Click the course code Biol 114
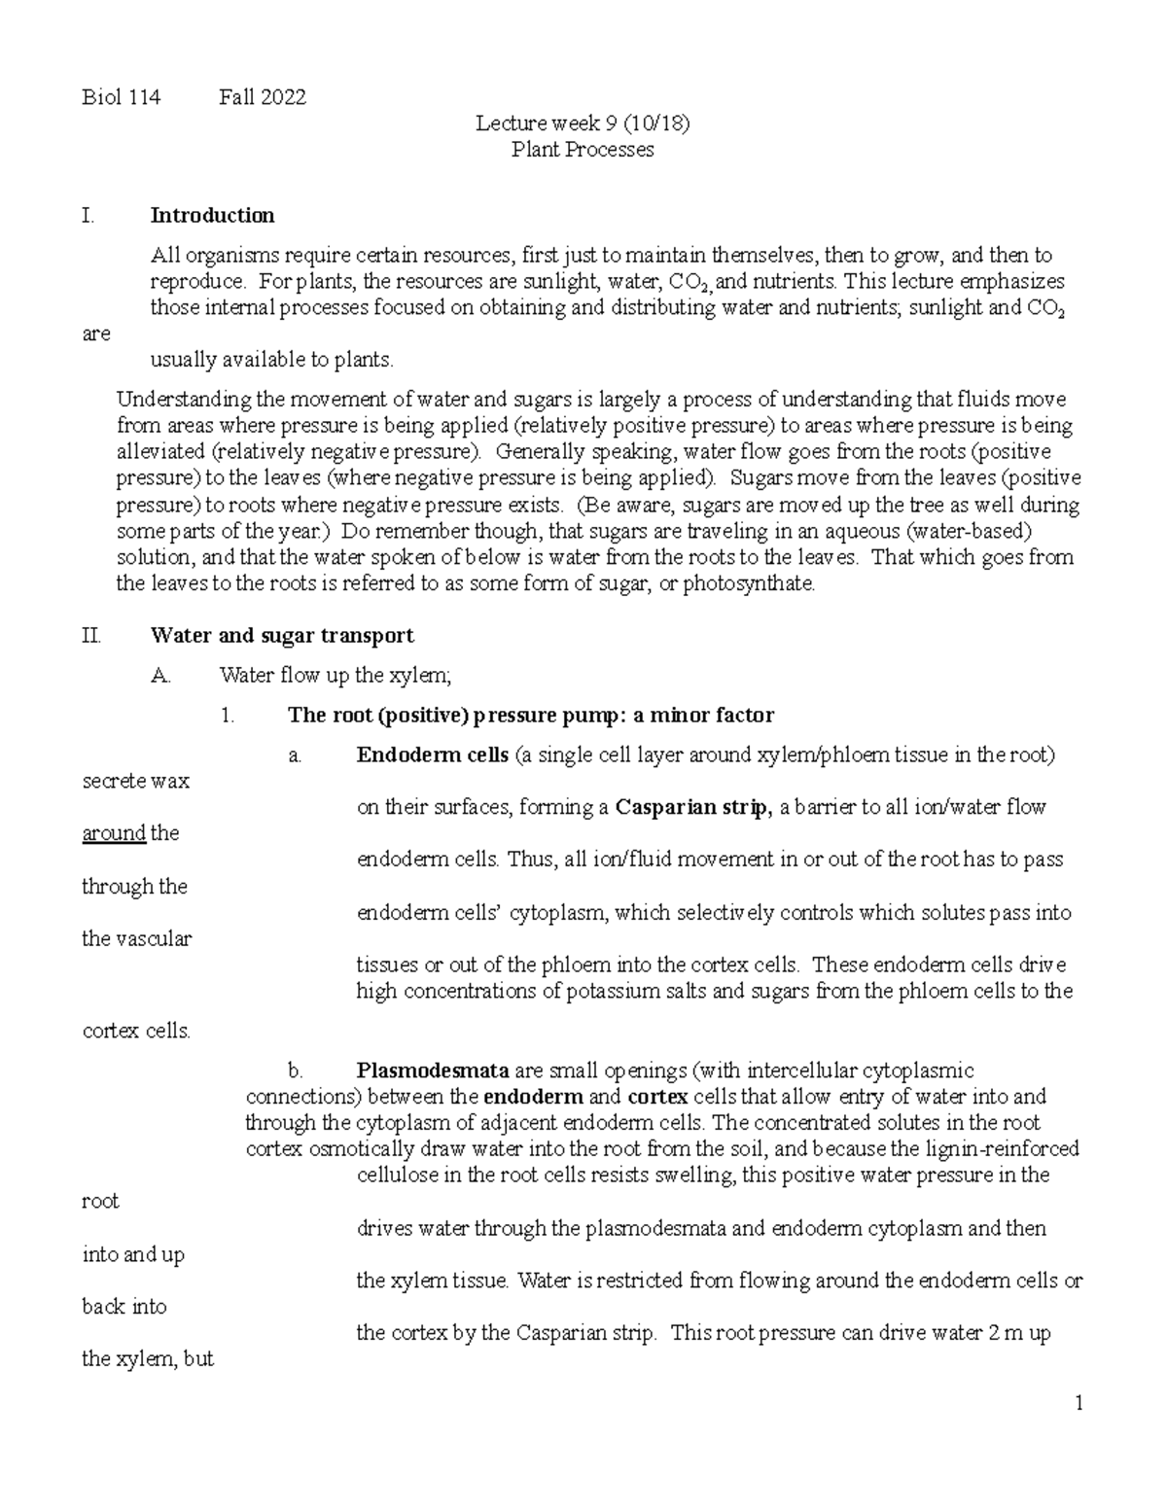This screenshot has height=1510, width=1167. click(x=121, y=97)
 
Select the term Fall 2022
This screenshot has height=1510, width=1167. click(x=263, y=97)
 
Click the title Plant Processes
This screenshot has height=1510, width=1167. click(x=583, y=150)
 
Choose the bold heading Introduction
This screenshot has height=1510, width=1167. click(x=212, y=215)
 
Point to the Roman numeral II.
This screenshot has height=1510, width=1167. click(x=91, y=636)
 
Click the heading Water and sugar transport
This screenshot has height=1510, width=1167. click(x=282, y=636)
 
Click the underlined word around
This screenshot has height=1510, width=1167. click(x=114, y=833)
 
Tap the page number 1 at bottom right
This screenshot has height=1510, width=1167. click(x=1079, y=1404)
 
